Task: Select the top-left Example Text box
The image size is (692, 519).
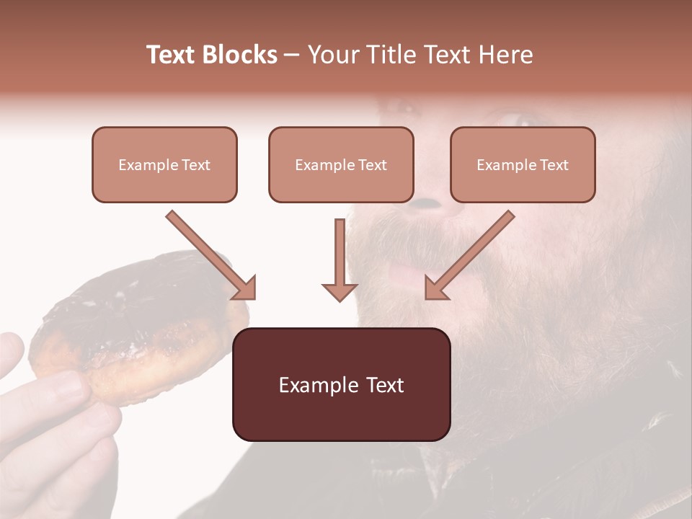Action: [164, 164]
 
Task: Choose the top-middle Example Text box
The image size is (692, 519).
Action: [341, 164]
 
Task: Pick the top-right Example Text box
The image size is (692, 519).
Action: [523, 164]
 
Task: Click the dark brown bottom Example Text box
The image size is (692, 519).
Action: [341, 384]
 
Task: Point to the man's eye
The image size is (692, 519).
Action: [515, 119]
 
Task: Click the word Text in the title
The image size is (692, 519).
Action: [172, 55]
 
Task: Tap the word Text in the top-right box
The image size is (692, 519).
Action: [554, 165]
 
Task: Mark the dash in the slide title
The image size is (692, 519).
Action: [292, 55]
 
